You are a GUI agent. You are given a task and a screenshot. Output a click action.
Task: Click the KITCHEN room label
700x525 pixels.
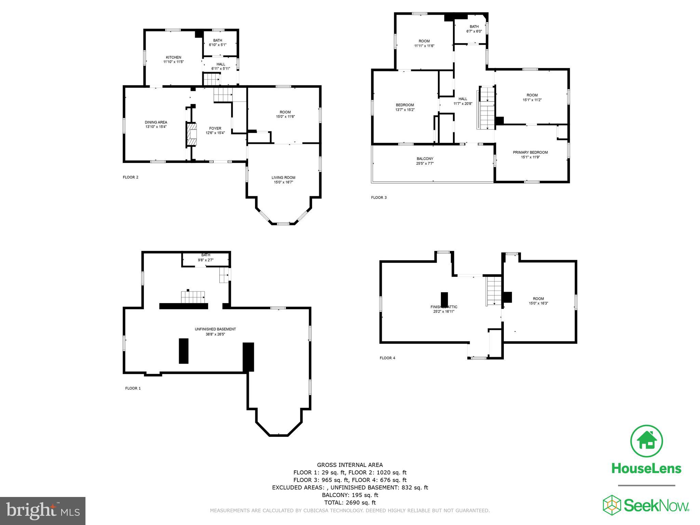[173, 57]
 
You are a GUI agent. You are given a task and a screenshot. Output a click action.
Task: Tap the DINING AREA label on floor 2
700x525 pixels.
[156, 122]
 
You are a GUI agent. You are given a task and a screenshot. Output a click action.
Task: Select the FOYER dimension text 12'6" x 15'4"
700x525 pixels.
[215, 133]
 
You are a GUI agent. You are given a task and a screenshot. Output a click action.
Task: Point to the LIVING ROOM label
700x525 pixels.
[283, 178]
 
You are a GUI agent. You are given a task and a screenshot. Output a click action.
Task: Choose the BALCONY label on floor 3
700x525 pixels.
[425, 159]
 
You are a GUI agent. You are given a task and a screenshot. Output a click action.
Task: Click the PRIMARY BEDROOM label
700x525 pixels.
[530, 152]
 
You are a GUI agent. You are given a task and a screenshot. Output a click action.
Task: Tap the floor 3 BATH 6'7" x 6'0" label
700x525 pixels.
[474, 29]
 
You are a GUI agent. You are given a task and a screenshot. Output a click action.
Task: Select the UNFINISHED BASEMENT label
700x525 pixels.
[215, 329]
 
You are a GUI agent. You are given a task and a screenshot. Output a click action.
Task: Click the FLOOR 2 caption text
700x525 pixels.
[131, 177]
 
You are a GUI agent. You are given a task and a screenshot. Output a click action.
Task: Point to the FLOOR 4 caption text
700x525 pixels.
[387, 358]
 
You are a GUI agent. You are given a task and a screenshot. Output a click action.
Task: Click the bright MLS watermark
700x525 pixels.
[43, 511]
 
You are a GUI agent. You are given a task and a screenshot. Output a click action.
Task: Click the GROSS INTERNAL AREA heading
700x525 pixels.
[350, 465]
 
